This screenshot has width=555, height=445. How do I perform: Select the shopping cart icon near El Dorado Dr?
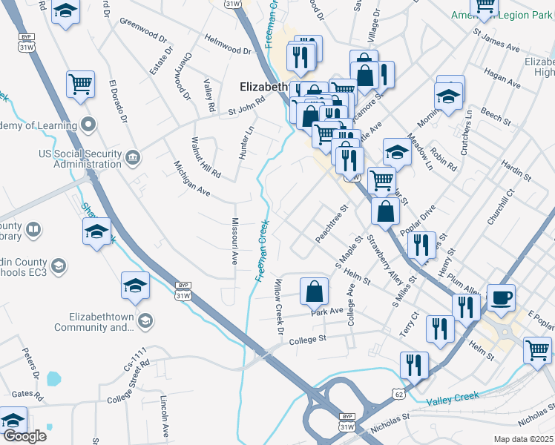[81, 84]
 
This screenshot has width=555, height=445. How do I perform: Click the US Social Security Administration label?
[79, 159]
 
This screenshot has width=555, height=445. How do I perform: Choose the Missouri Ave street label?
[234, 242]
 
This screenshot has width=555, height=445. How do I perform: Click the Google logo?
[24, 436]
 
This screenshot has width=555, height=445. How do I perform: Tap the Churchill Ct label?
[500, 206]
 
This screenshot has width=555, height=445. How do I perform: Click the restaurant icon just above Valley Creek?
[414, 365]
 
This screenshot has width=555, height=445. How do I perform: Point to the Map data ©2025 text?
[524, 439]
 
